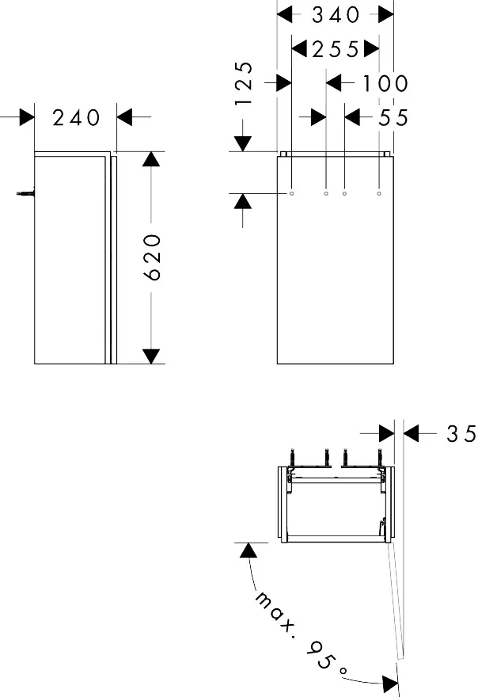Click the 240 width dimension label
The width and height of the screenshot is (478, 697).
pos(77,118)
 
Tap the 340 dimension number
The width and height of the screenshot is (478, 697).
pos(336,14)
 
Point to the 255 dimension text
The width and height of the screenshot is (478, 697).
pos(336,49)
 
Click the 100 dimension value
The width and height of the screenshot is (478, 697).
pos(385,82)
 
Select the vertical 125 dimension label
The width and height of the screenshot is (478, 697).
pos(245,83)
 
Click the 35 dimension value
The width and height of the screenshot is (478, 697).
pos(461,433)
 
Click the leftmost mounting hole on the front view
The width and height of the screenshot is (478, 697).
pos(292,192)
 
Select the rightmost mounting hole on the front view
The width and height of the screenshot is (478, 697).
pos(379,192)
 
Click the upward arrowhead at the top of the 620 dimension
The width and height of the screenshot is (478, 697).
pos(151,159)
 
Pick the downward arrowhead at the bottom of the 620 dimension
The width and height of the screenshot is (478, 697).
pos(151,356)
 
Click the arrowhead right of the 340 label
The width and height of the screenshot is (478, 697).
pos(385,14)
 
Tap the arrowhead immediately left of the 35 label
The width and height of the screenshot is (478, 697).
pos(412,433)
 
